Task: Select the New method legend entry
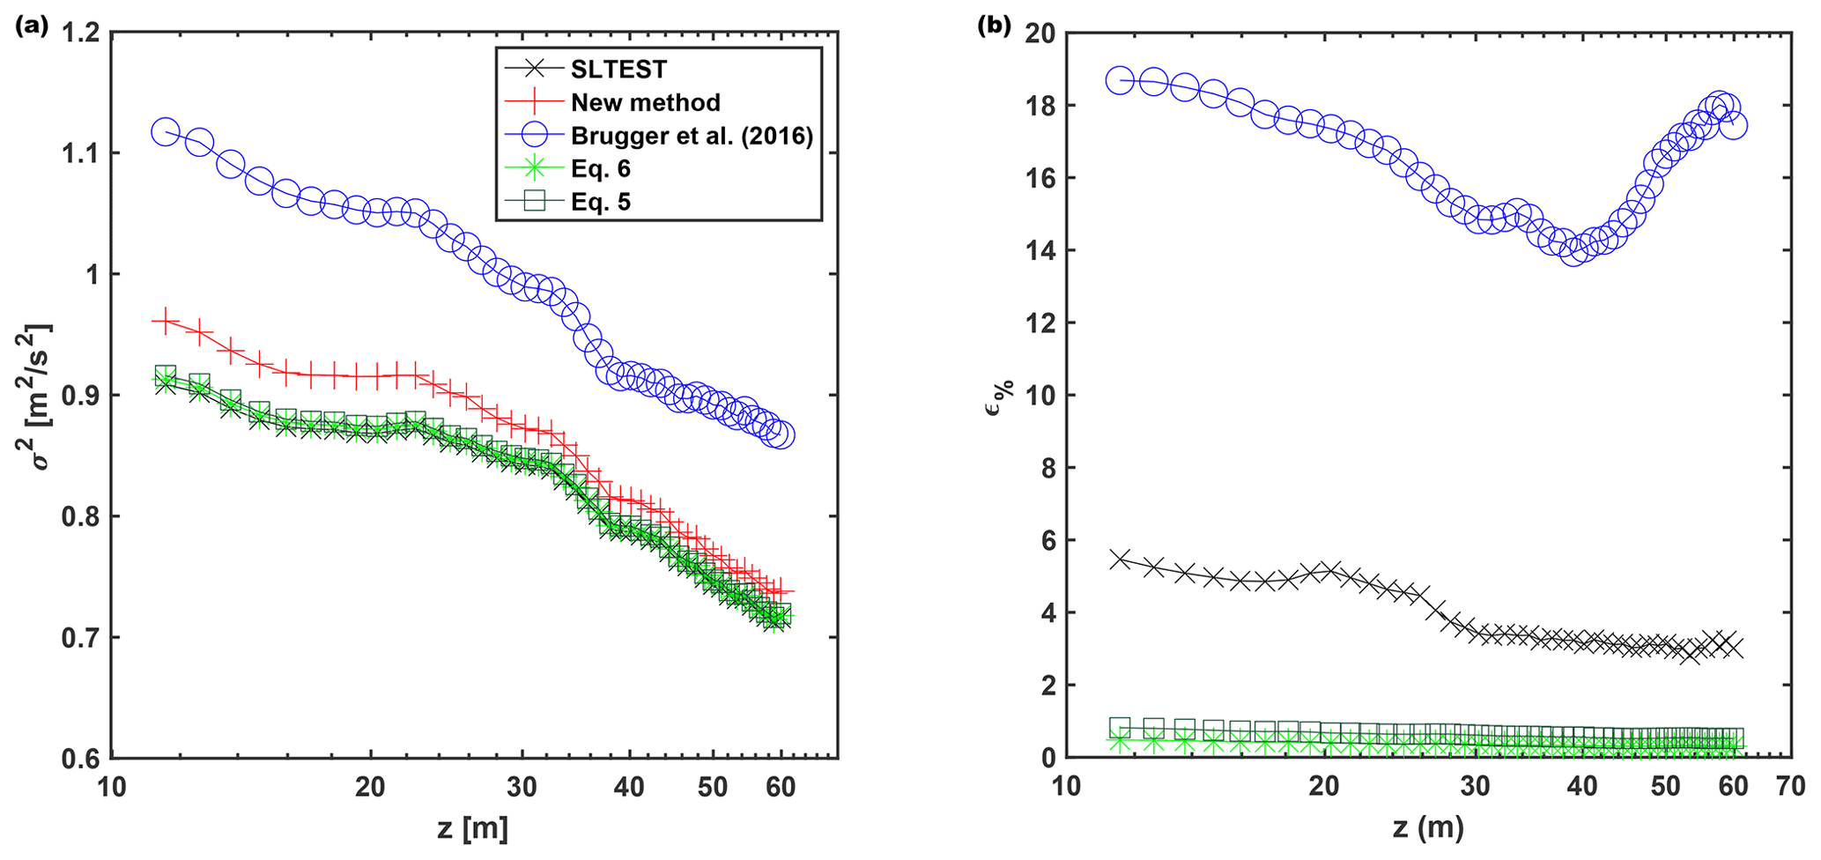coord(645,102)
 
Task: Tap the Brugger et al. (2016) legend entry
coord(692,136)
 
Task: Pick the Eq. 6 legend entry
coord(600,168)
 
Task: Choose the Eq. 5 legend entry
coord(600,202)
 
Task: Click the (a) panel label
coord(32,26)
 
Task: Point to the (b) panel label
coord(995,26)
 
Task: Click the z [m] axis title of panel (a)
coord(472,828)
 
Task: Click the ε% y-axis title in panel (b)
coord(998,397)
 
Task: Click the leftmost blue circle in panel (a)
coord(166,132)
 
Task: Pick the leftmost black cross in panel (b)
coord(1120,560)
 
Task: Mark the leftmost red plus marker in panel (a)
coord(166,322)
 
